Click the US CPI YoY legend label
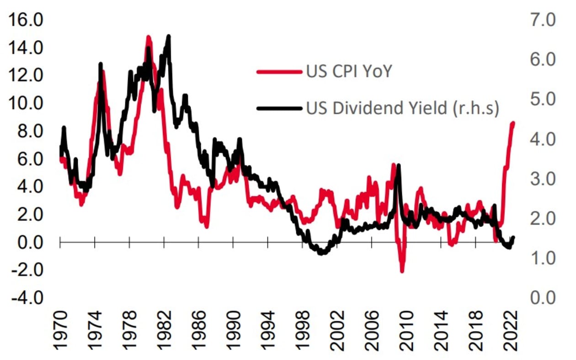click(x=349, y=71)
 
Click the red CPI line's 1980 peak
click(x=148, y=37)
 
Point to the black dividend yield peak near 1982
click(x=169, y=36)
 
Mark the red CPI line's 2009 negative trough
click(x=402, y=271)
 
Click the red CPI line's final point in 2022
click(x=513, y=123)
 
